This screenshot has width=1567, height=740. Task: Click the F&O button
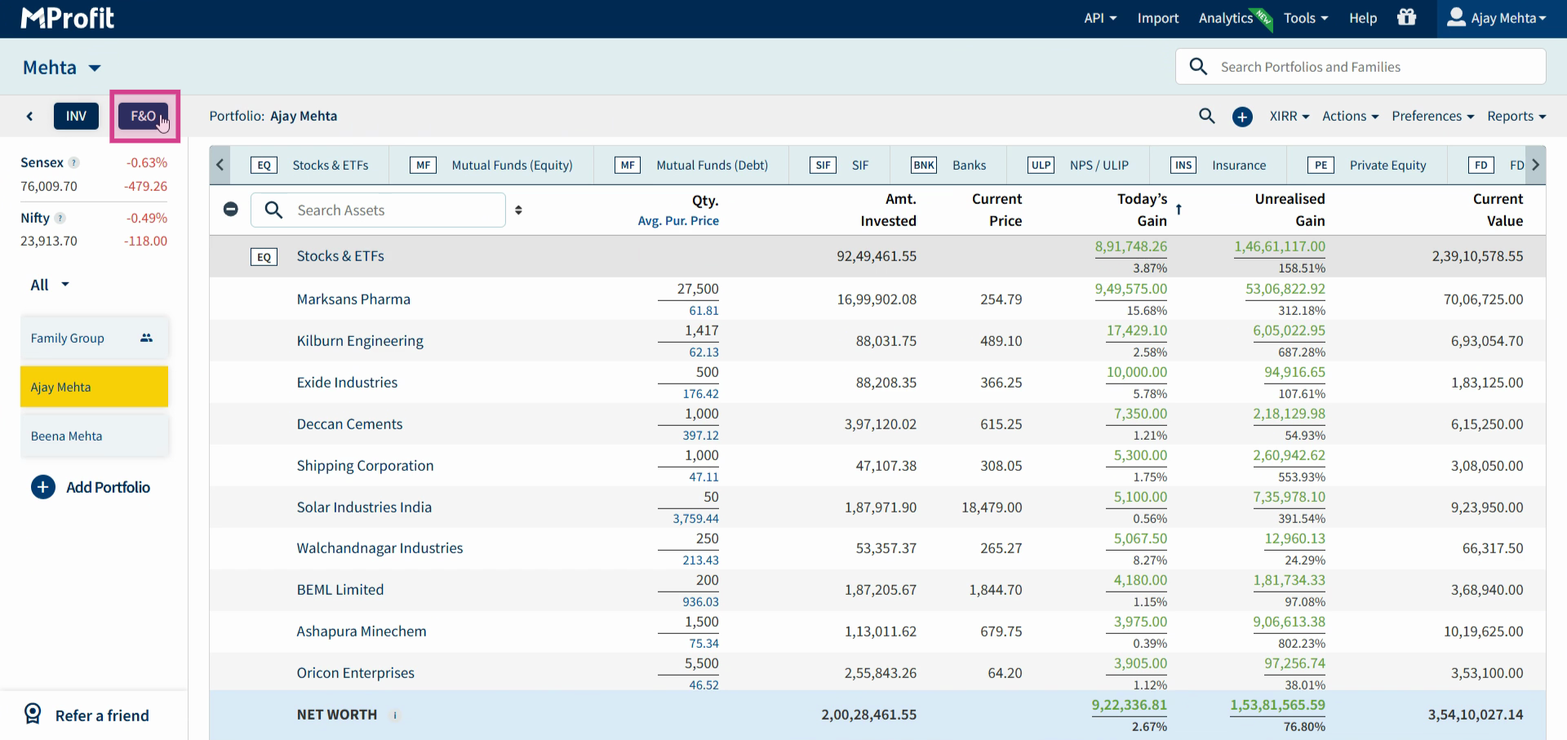point(143,116)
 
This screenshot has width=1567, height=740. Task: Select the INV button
point(76,116)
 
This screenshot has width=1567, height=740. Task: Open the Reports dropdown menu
point(1516,116)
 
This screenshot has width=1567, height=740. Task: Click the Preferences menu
point(1432,116)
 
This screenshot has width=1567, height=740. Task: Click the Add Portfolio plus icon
point(43,487)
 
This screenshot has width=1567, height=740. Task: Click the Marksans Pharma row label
point(353,299)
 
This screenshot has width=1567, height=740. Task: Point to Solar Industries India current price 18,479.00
point(992,507)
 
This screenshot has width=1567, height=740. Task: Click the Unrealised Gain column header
point(1290,210)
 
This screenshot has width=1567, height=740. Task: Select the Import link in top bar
point(1158,18)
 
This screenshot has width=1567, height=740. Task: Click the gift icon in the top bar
point(1406,17)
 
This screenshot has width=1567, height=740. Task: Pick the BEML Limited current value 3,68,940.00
point(1487,590)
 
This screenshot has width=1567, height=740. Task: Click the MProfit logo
point(68,18)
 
